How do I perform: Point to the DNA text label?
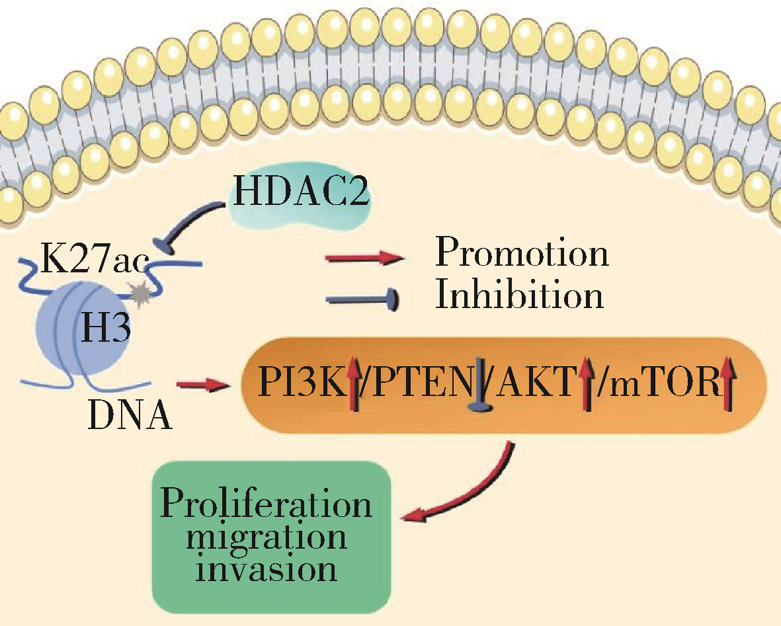[x=130, y=416]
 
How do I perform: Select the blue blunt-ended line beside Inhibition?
[x=363, y=299]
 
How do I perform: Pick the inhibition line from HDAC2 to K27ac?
[x=192, y=223]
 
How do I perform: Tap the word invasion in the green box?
[x=268, y=568]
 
